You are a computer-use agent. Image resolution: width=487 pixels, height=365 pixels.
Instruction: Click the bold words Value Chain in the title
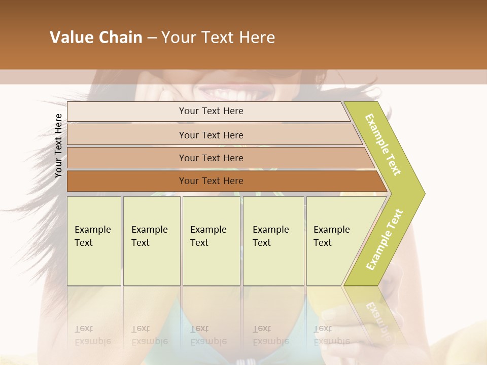point(96,38)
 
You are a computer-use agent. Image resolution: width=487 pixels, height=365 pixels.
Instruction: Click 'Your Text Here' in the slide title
point(218,38)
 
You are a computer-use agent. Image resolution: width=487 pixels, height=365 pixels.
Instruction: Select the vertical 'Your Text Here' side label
point(58,145)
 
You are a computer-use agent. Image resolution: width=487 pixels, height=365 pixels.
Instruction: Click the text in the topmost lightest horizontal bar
point(211,111)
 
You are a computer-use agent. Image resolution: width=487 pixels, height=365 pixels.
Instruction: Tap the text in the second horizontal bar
point(211,135)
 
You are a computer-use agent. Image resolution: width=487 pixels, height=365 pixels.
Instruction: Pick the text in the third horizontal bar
point(211,158)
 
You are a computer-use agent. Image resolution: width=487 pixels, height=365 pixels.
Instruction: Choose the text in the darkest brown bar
point(211,181)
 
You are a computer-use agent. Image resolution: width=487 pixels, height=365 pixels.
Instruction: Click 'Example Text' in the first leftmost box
point(92,236)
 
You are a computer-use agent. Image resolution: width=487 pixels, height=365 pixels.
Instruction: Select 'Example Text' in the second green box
point(149,236)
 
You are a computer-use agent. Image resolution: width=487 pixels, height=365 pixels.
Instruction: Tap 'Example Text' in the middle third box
point(208,236)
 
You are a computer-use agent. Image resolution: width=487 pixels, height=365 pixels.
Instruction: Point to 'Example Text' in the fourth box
point(270,236)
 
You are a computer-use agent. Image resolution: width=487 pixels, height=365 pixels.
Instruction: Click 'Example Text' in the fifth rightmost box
point(331,236)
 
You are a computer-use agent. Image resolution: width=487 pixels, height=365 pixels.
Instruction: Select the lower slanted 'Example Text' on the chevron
point(385,239)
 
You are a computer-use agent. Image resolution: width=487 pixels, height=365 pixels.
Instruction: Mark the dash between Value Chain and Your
point(152,38)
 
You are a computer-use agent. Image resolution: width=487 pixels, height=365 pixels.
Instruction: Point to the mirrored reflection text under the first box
point(92,336)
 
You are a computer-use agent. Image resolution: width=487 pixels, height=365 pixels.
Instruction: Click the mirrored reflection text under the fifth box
point(331,336)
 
